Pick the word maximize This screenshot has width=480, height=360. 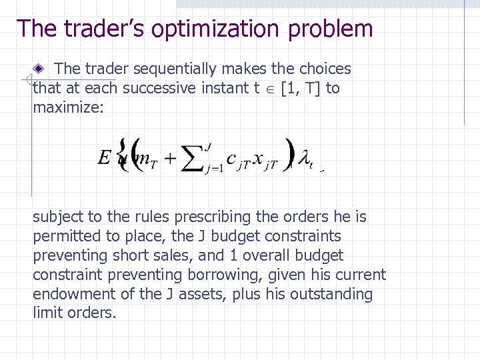tap(67, 107)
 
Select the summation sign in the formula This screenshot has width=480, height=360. tap(191, 159)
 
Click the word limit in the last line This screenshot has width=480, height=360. tap(47, 313)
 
